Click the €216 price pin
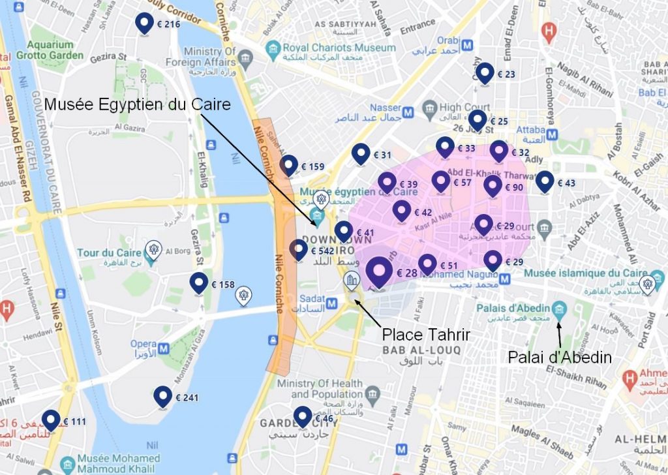tap(144, 23)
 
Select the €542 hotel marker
tap(298, 250)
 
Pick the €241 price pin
tap(162, 396)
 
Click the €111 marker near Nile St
tap(51, 420)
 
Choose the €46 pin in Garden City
tap(302, 416)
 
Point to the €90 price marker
tap(493, 187)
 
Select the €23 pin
tap(484, 73)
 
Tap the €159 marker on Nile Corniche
tap(289, 166)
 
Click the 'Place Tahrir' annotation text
tap(426, 335)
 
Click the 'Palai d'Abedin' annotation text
tap(560, 357)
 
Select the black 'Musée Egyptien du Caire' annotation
tap(138, 104)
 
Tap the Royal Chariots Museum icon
tap(273, 48)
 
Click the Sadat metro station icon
tap(332, 303)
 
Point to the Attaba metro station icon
tap(553, 134)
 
